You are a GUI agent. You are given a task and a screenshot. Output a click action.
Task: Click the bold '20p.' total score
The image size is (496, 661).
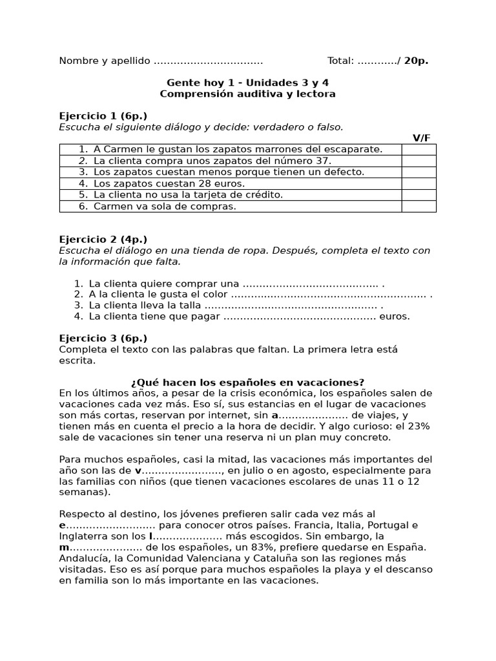pyautogui.click(x=416, y=61)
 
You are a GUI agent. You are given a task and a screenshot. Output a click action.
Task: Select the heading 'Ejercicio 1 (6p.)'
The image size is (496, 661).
pyautogui.click(x=103, y=116)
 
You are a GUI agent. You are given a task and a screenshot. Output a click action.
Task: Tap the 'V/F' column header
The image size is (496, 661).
pyautogui.click(x=422, y=138)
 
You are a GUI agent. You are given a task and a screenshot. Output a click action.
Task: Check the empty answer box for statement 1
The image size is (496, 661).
pyautogui.click(x=418, y=149)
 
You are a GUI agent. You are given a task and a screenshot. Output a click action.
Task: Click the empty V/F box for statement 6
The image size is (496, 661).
pyautogui.click(x=418, y=207)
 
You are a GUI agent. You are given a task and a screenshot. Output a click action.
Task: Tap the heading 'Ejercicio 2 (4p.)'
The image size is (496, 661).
pyautogui.click(x=103, y=239)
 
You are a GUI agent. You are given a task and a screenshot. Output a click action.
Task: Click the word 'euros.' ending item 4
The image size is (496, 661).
pyautogui.click(x=395, y=316)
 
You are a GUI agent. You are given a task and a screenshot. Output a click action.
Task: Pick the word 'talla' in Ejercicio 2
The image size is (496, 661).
pyautogui.click(x=190, y=305)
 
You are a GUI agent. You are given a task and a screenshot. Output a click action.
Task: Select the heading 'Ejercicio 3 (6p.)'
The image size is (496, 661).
pyautogui.click(x=103, y=338)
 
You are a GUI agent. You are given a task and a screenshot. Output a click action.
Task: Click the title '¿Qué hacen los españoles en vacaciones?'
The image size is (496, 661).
pyautogui.click(x=247, y=382)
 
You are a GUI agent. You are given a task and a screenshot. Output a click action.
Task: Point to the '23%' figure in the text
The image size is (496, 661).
pyautogui.click(x=417, y=426)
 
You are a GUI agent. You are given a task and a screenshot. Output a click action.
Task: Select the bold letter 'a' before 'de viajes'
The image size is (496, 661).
pyautogui.click(x=274, y=415)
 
